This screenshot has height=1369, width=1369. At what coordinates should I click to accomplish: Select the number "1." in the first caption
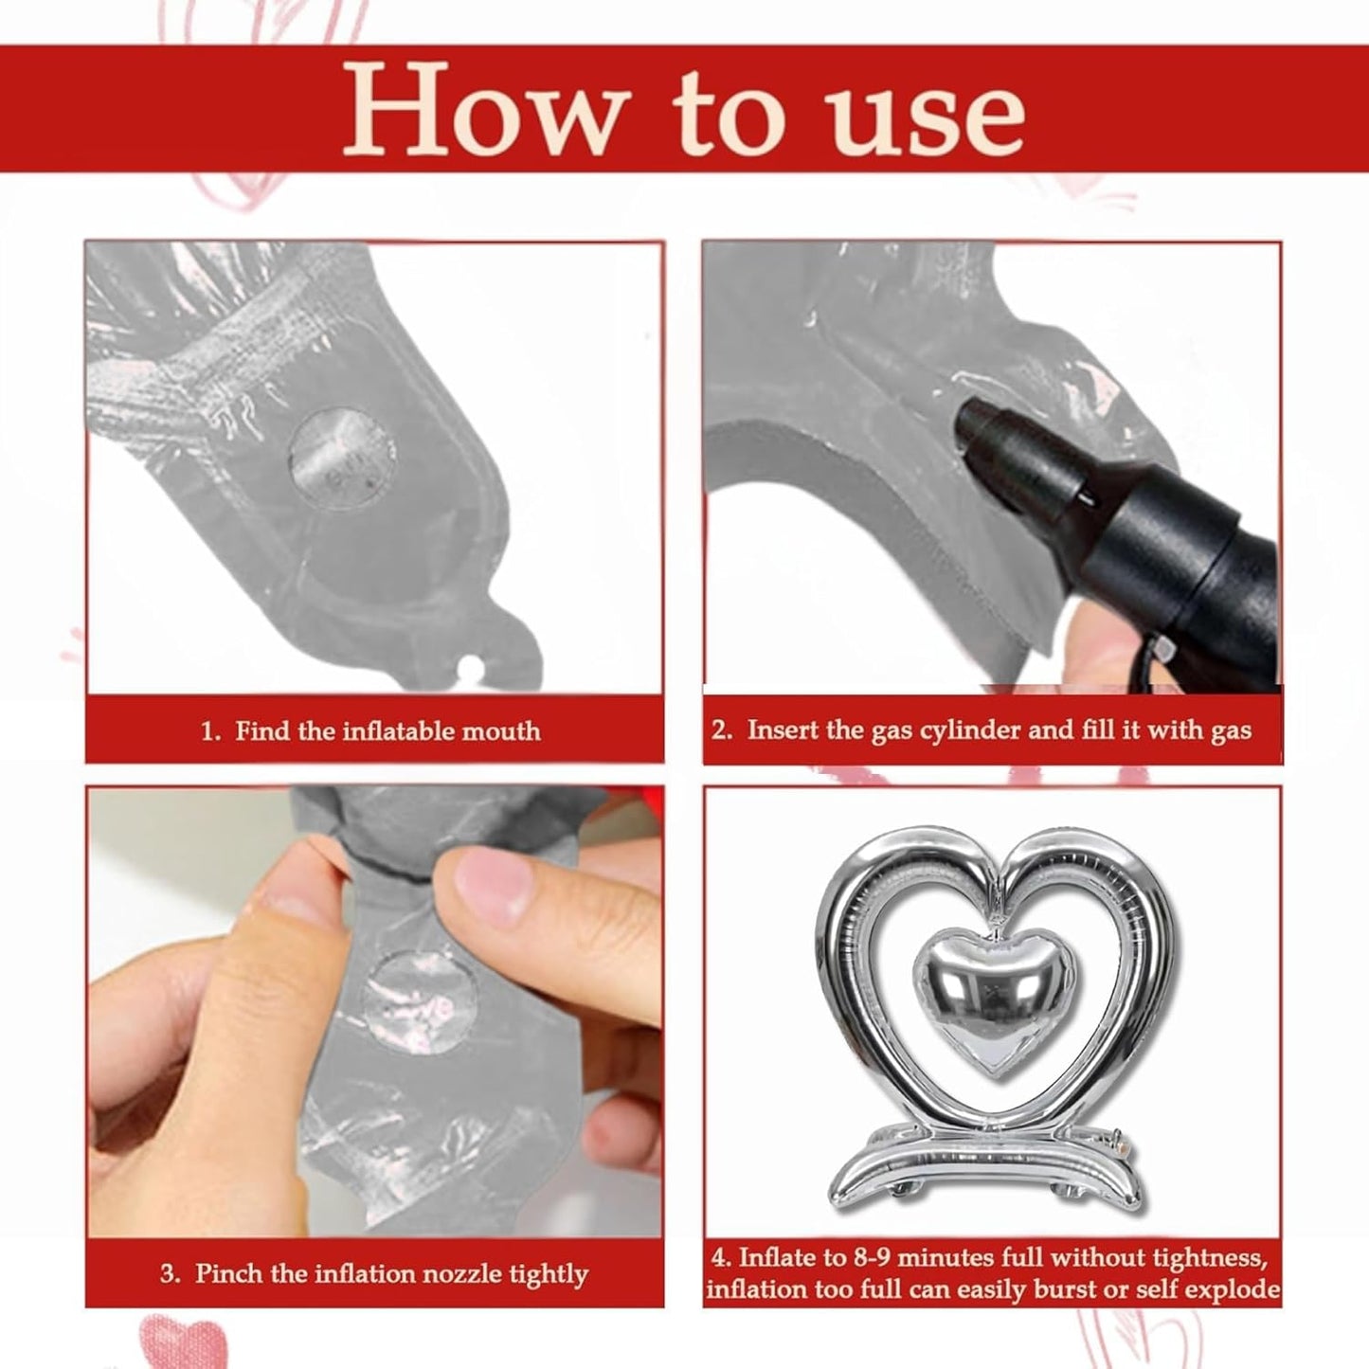pos(211,731)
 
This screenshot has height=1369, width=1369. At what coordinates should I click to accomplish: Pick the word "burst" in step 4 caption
pos(1065,1288)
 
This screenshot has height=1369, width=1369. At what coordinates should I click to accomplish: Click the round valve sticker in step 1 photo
pos(342,459)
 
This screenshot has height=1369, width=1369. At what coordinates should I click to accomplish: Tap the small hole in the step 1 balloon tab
pos(470,667)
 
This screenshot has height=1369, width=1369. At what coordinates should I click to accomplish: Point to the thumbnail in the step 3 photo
pos(488,879)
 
